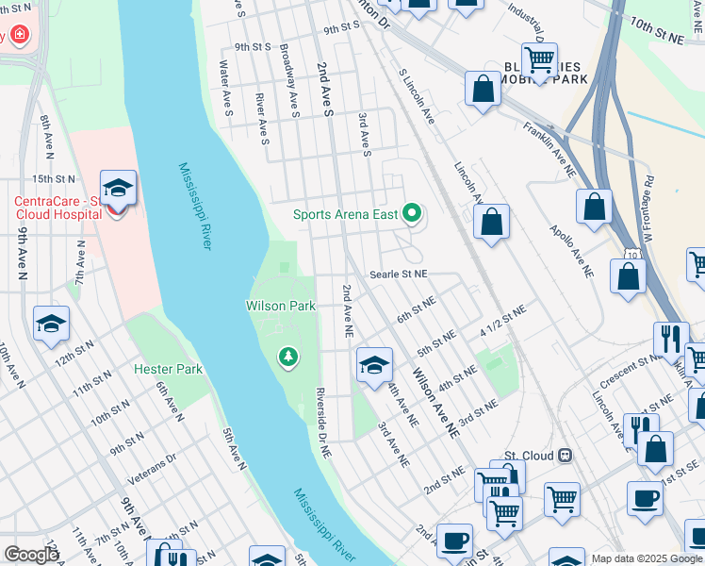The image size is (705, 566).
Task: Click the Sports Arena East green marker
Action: pos(411,214)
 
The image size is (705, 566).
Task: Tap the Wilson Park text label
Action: pos(280,306)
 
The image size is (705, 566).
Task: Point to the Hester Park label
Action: pos(169,368)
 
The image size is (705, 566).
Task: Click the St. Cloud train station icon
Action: pos(565,456)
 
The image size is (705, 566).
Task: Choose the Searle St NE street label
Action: pos(399,274)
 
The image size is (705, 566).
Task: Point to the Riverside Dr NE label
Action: pos(323,422)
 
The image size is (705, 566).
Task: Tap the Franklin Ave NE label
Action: pos(549,150)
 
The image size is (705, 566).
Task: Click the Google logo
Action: pos(31,554)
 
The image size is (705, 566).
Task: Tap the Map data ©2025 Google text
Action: pos(647,558)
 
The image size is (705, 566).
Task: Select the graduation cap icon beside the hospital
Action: pos(118,190)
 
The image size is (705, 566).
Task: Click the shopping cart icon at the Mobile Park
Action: pos(539,60)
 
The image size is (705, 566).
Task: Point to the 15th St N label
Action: pos(53,177)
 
